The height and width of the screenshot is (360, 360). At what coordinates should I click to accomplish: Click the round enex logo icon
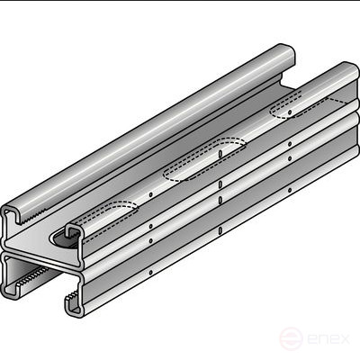pos(291,338)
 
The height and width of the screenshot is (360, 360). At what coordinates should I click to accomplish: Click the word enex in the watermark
pos(328,339)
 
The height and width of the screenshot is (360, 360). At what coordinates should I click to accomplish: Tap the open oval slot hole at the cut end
pos(64,239)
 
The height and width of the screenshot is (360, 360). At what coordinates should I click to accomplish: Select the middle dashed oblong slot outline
pos(204,159)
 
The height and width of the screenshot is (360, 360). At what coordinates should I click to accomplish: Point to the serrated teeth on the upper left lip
pos(33,217)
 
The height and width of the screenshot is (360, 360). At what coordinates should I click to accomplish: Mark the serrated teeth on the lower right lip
pos(72,295)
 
